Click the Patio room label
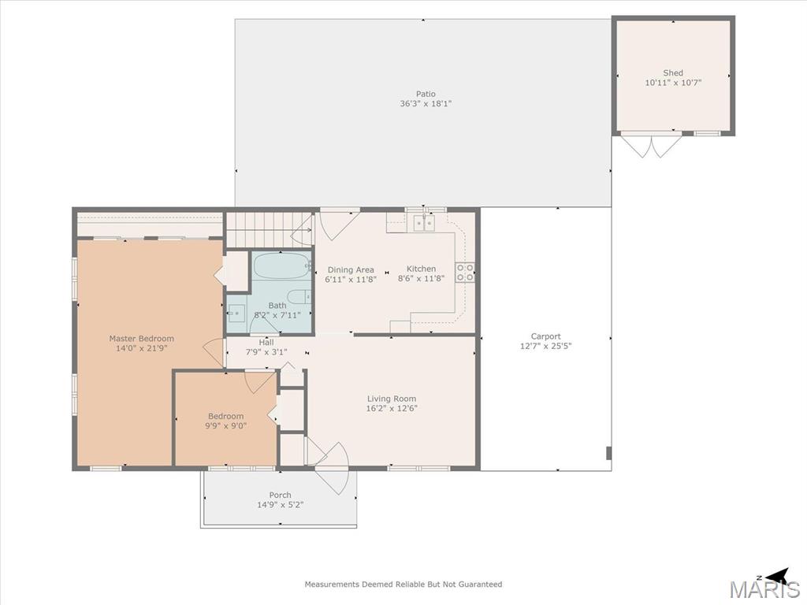pos(426,95)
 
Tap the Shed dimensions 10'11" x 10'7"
pos(673,83)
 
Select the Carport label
pos(545,336)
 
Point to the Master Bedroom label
pos(142,339)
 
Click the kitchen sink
pos(424,223)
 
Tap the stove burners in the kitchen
pos(465,272)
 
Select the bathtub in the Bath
pos(282,266)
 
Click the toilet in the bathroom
pos(299,297)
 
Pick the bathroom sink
pos(236,312)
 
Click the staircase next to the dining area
pos(270,230)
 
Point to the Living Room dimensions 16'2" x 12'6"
pos(392,409)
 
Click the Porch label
pos(281,495)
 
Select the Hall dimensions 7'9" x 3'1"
pos(266,352)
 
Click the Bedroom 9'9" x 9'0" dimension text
pos(226,426)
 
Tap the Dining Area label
pos(351,269)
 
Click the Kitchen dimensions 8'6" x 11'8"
pos(422,279)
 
